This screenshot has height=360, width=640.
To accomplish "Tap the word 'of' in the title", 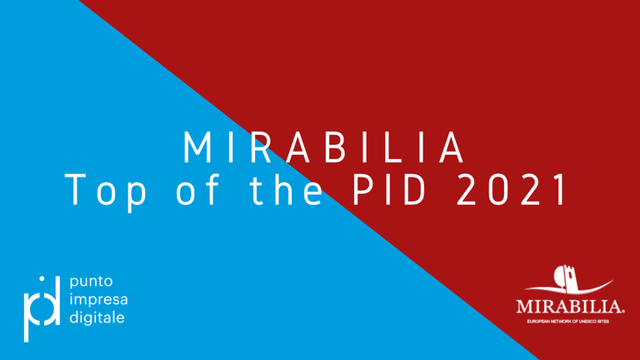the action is click(198, 187).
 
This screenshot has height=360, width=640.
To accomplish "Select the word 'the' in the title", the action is click(287, 187).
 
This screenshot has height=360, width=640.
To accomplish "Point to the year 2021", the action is click(512, 189).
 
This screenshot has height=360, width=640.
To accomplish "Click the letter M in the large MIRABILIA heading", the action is click(197, 147).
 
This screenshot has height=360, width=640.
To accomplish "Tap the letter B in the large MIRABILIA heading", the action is click(336, 147).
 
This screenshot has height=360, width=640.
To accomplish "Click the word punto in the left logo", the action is click(91, 282).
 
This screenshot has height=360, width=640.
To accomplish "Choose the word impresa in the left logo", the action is click(98, 300).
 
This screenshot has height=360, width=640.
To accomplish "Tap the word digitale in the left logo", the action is click(97, 317).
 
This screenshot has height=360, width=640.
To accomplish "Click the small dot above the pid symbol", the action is click(42, 279).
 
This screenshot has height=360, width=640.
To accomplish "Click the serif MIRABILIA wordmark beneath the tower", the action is click(570, 307).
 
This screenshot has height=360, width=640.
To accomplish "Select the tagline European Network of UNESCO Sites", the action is click(567, 322).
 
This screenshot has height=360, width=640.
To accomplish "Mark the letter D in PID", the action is click(415, 189).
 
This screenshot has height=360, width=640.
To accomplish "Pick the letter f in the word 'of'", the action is click(214, 187).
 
